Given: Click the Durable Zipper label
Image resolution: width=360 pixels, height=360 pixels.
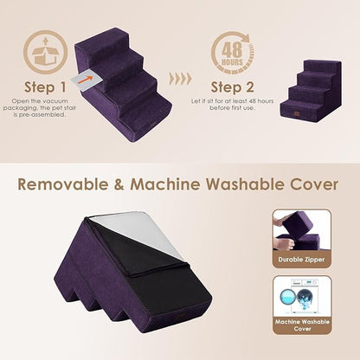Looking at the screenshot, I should point(301,257).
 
